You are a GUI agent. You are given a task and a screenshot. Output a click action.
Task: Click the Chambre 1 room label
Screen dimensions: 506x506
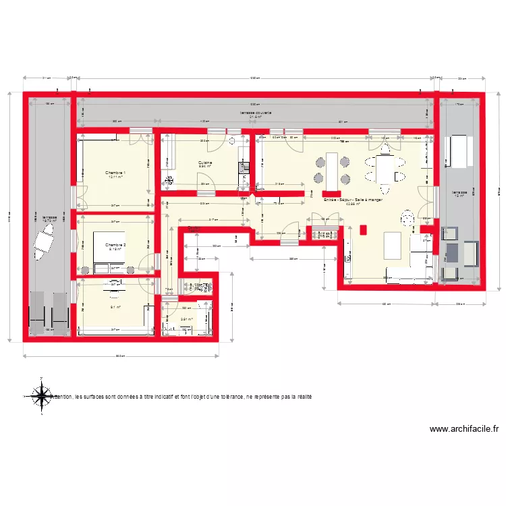click(115, 173)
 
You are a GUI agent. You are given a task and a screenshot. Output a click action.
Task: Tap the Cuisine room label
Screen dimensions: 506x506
click(205, 163)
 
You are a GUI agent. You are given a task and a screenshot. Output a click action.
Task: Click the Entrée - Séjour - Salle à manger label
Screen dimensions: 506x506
click(354, 200)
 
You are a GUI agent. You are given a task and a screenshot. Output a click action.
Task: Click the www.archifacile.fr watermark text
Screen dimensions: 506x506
click(463, 428)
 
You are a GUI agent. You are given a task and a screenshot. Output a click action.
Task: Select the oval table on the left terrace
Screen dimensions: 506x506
click(44, 240)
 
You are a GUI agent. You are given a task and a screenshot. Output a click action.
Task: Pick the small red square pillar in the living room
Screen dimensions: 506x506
click(364, 229)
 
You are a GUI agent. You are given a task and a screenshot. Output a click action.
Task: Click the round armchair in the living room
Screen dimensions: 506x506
click(407, 218)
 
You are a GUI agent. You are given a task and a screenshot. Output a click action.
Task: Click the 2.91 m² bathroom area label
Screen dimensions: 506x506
click(186, 320)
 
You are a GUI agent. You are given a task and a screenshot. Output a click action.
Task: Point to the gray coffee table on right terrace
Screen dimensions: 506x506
click(451, 252)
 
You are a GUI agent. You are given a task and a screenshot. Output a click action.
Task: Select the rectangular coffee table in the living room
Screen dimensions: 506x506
click(392, 245)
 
